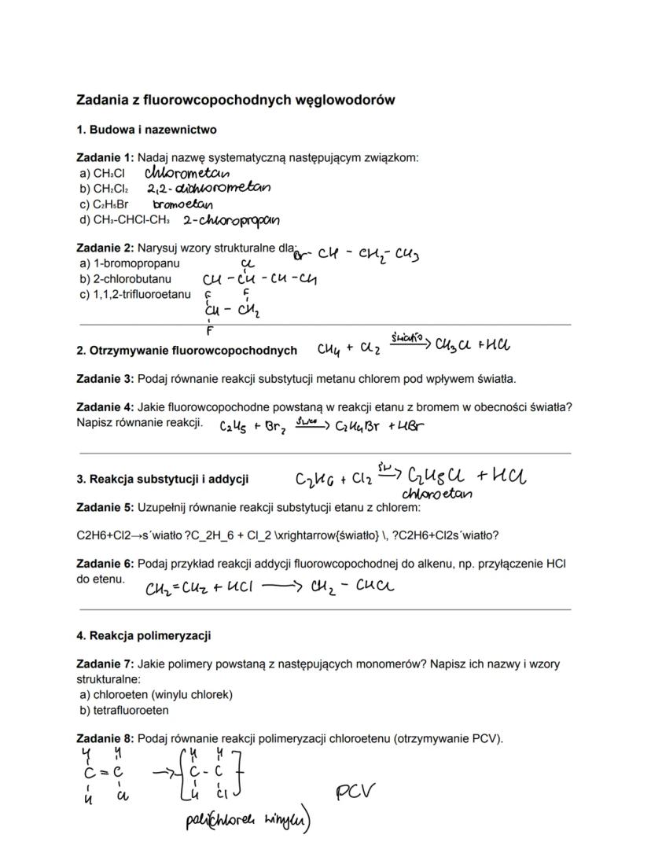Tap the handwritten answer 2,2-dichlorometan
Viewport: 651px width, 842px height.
208,188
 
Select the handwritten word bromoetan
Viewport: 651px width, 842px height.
182,204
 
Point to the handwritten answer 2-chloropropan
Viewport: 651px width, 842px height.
231,221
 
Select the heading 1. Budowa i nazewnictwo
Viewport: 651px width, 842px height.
146,129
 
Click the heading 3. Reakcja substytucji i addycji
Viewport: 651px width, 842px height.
163,479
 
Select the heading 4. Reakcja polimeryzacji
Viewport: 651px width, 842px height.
143,635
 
